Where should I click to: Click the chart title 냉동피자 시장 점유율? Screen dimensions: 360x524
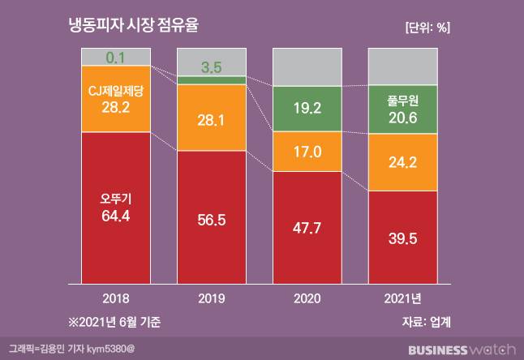[135, 26]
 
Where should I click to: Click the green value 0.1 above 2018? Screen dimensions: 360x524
[115, 58]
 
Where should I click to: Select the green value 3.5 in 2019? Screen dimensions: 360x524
[211, 66]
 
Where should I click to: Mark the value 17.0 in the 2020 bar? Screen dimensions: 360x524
[307, 151]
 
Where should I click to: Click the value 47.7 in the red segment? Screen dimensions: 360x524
[307, 228]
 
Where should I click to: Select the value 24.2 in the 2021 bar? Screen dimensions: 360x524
[402, 162]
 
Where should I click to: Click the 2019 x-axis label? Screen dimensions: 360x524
[211, 298]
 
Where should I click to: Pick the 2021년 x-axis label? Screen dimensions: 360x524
[402, 298]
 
